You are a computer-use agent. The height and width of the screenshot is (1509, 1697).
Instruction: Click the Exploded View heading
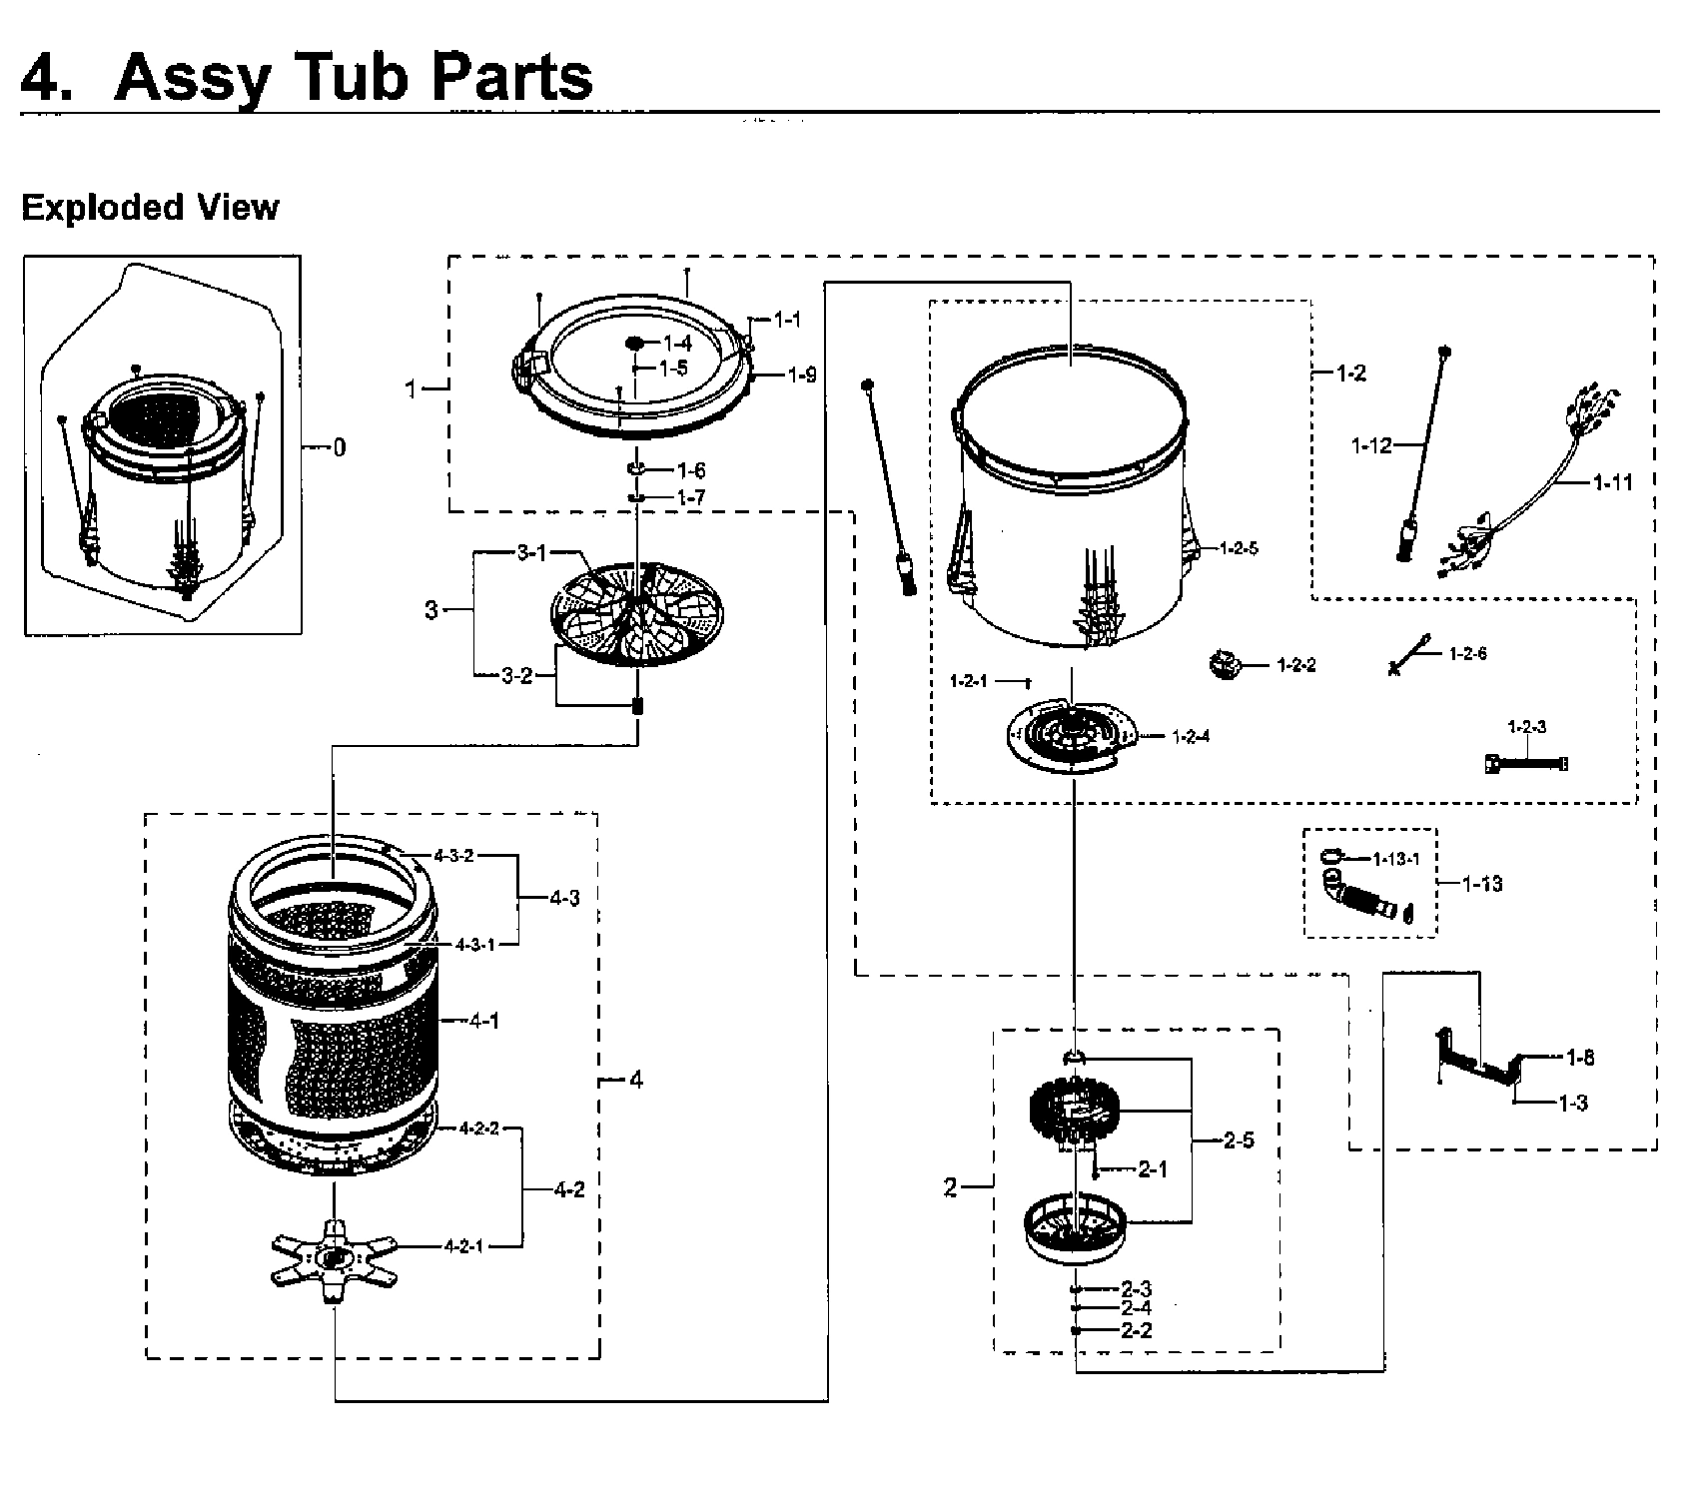click(x=150, y=208)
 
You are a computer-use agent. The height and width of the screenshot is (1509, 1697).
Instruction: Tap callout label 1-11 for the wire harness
click(x=1612, y=483)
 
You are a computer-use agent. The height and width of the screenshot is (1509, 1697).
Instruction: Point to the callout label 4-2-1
click(x=463, y=1246)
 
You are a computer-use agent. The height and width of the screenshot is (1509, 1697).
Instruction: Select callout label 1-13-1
click(x=1395, y=859)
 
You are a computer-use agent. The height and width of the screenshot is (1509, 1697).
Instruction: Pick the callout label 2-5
click(x=1239, y=1140)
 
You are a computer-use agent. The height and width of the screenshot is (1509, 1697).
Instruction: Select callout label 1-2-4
click(x=1191, y=737)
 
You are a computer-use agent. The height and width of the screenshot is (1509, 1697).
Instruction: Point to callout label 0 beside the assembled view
click(x=340, y=447)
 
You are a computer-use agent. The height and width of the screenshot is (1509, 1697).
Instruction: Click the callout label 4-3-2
click(x=453, y=856)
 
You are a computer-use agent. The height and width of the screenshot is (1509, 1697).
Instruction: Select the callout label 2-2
click(x=1136, y=1330)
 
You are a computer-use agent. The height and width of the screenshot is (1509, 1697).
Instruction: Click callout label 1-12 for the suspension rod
click(x=1370, y=446)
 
